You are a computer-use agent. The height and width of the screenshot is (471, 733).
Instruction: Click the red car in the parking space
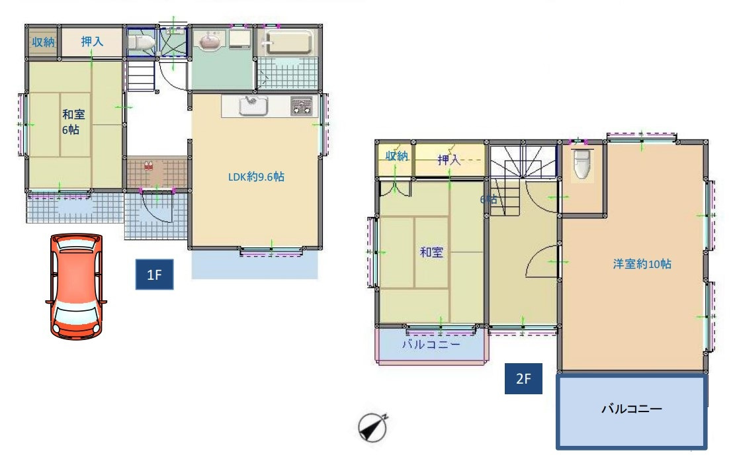click(75, 286)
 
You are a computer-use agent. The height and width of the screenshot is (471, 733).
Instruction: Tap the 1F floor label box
click(154, 275)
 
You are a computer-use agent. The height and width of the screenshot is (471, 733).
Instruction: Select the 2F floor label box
click(523, 378)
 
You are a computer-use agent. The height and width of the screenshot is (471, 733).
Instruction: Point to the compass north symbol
click(373, 427)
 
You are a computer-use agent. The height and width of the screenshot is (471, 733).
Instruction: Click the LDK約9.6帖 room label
click(256, 177)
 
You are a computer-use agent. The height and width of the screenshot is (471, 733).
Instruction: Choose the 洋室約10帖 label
click(642, 264)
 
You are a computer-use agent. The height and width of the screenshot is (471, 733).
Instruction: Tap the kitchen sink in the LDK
click(253, 106)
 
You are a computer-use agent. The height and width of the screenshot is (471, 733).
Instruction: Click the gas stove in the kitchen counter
click(301, 106)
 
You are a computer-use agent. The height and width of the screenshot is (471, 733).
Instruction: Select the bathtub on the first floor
click(287, 42)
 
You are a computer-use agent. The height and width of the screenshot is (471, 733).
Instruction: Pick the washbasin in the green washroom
click(210, 40)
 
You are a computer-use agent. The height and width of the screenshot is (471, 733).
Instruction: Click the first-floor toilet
click(140, 42)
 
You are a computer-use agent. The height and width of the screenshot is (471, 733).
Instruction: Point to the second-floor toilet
click(582, 163)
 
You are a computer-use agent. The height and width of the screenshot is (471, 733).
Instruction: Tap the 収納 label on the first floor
click(43, 42)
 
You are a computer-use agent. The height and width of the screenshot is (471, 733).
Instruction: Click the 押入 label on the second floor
click(449, 160)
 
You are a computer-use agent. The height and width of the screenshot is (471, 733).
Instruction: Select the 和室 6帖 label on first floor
click(73, 122)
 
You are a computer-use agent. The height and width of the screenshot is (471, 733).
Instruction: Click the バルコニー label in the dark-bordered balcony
click(631, 409)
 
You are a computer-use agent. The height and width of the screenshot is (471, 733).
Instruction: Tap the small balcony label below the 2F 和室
click(431, 345)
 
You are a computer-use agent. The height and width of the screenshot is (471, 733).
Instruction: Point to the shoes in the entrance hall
click(149, 165)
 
